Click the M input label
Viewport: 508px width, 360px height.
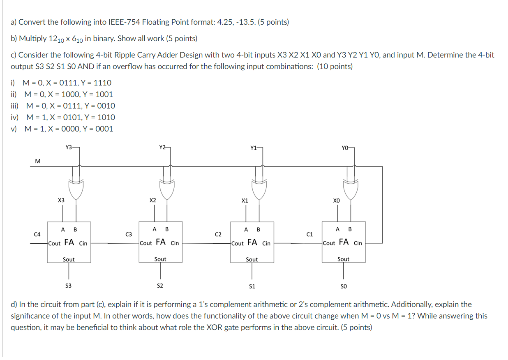tap(38, 161)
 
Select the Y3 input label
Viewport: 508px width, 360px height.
tap(69, 147)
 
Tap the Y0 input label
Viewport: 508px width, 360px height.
tap(344, 147)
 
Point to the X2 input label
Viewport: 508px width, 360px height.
tap(152, 201)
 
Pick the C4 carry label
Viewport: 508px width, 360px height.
tap(37, 234)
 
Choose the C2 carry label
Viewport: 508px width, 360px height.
tap(218, 234)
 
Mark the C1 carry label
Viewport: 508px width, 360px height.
tap(310, 234)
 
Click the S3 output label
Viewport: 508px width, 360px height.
tap(68, 286)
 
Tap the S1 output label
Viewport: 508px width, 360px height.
tap(252, 286)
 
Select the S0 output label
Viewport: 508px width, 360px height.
tap(343, 286)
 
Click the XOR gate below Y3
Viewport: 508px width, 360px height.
tap(75, 188)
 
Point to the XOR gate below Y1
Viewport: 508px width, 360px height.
tap(259, 188)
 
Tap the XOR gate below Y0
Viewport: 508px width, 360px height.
tap(351, 188)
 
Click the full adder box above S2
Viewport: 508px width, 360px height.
tap(160, 242)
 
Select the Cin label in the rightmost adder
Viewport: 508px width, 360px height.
tap(358, 243)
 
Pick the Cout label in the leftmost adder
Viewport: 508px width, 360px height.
tap(55, 243)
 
